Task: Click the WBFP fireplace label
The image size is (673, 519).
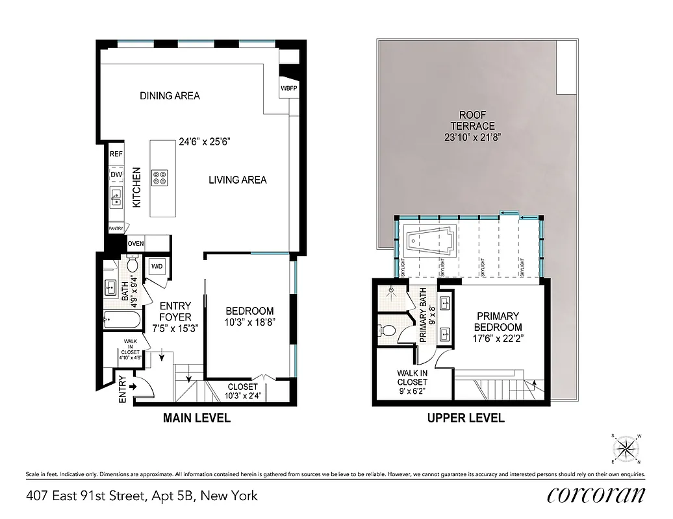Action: [288, 88]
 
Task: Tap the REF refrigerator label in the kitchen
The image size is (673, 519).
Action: [116, 154]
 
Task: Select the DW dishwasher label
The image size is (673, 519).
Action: [116, 175]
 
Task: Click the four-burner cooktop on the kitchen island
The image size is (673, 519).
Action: [159, 177]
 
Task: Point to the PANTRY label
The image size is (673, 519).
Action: [116, 228]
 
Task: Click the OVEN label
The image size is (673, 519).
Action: [136, 244]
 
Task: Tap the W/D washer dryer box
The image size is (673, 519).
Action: [157, 267]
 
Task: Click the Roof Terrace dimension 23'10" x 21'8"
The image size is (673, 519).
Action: [474, 137]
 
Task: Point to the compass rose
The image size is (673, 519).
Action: [626, 448]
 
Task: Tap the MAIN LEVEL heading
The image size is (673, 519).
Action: [196, 418]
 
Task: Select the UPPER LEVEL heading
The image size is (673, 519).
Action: [466, 418]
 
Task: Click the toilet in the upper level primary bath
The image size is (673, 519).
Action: [387, 330]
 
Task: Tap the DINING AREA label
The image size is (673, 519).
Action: [170, 96]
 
